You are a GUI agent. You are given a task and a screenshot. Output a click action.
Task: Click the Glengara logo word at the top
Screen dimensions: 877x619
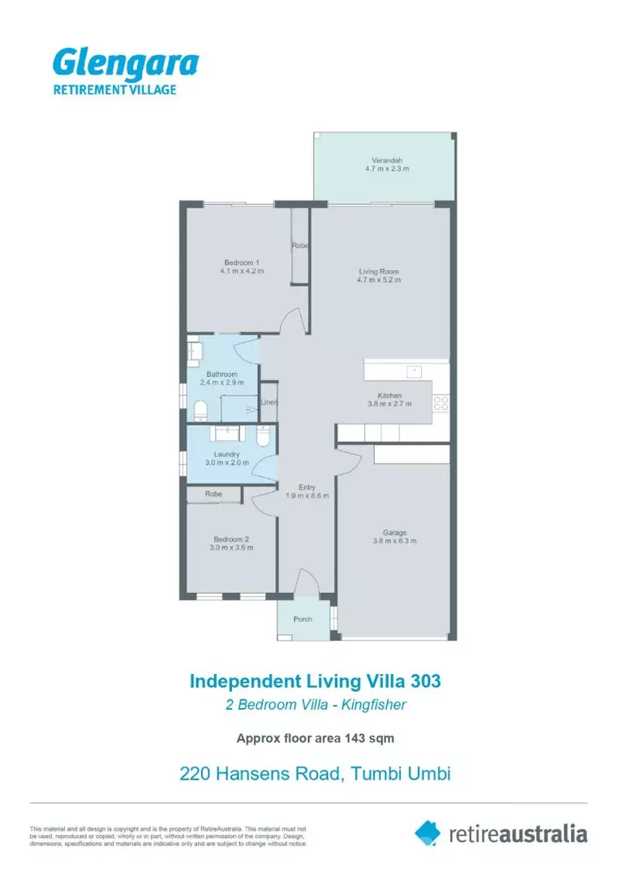click(x=125, y=64)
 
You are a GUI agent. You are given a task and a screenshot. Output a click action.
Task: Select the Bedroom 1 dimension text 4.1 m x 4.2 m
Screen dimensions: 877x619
click(x=242, y=272)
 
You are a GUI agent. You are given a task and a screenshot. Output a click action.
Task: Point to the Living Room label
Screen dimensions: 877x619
click(x=379, y=271)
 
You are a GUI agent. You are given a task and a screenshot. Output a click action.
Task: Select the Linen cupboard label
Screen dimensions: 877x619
click(x=269, y=402)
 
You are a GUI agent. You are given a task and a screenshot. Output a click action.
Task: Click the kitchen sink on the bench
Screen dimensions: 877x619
click(x=414, y=372)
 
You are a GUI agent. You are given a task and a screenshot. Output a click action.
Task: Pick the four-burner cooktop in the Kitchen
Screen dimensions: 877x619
click(x=441, y=402)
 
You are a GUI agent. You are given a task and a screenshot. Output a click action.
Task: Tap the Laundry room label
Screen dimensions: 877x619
click(x=226, y=454)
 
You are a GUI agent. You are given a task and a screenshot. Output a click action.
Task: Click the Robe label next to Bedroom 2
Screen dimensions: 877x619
click(x=213, y=494)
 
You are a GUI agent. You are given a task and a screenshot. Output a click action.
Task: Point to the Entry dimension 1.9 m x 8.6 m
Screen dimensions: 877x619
click(x=307, y=496)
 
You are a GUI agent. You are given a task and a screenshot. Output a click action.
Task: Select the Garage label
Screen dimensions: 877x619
click(x=395, y=533)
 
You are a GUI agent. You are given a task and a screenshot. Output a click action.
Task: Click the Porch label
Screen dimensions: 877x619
click(x=303, y=619)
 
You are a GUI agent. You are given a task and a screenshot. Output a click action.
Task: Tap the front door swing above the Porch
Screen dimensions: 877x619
click(x=305, y=581)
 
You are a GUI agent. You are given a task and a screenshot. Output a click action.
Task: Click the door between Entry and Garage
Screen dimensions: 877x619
click(x=348, y=460)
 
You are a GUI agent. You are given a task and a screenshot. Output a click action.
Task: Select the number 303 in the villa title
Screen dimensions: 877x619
click(x=425, y=680)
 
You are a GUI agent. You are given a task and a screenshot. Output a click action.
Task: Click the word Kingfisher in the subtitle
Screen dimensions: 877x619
click(x=373, y=704)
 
